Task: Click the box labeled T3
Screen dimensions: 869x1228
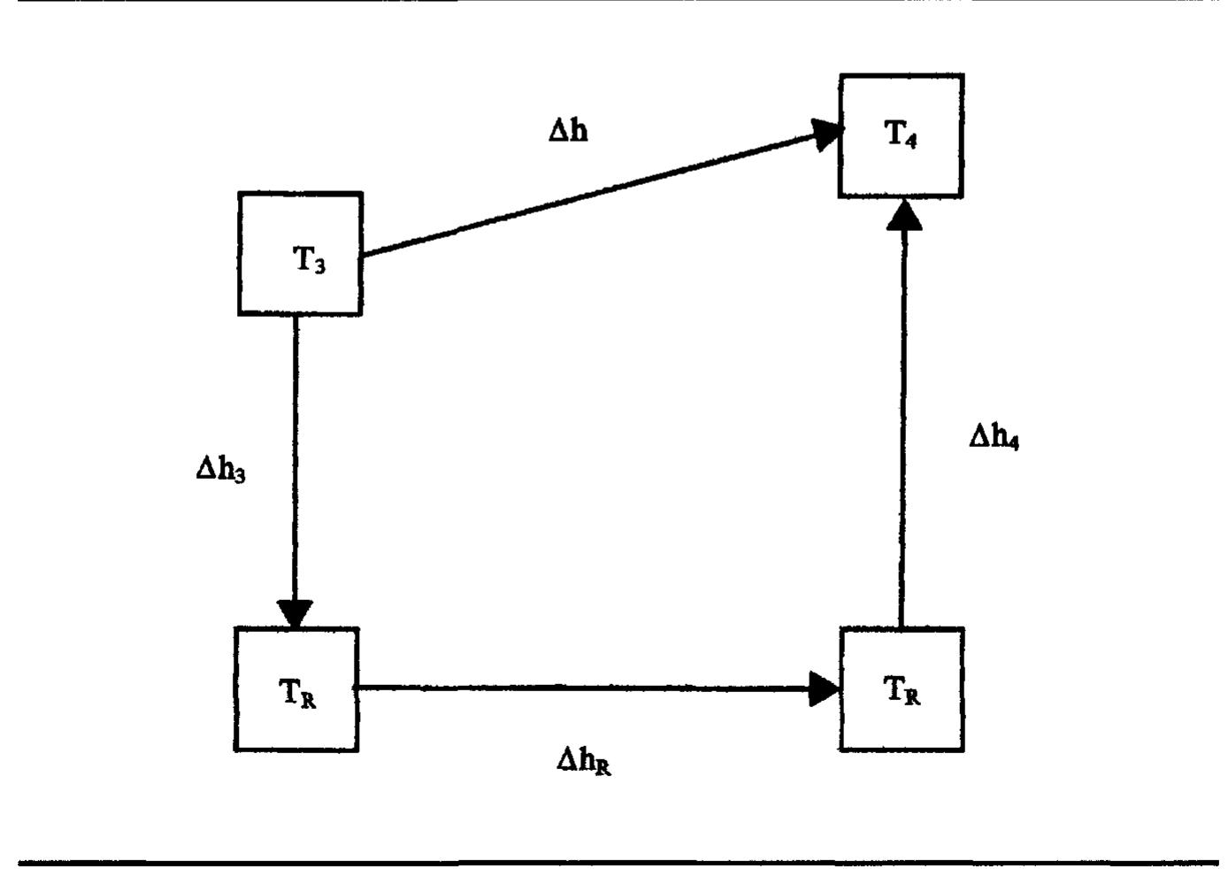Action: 300,254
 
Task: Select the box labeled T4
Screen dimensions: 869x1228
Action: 901,135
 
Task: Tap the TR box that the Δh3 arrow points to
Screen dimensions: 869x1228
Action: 296,689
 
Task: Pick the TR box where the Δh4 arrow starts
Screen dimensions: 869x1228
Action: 902,689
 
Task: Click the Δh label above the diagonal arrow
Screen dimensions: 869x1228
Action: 568,130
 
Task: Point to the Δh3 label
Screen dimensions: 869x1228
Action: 220,468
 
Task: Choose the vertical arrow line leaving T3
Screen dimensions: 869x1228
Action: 295,460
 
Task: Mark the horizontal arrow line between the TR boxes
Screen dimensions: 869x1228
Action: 584,687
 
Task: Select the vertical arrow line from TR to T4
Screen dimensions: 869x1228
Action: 902,425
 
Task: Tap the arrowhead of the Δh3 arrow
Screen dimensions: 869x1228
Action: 295,613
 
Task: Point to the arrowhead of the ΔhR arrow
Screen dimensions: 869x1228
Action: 824,688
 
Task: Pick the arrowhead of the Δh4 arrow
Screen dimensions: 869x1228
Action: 903,215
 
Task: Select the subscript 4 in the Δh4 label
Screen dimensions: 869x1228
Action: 1013,443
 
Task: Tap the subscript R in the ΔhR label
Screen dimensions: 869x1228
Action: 602,766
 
